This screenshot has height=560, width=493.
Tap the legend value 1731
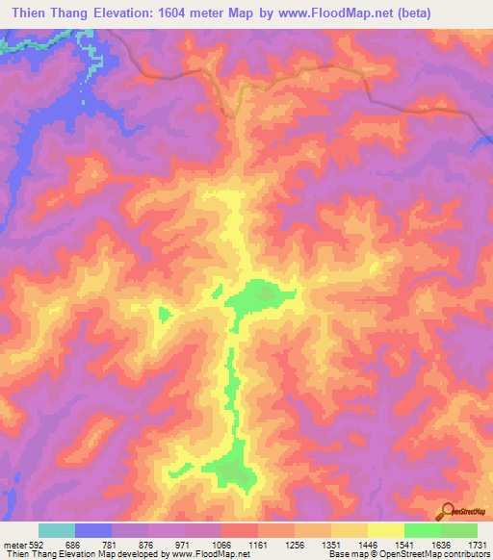click(477, 545)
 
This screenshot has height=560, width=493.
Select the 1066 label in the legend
click(221, 545)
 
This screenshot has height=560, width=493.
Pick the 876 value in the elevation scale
click(147, 545)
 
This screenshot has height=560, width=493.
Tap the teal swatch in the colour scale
click(57, 530)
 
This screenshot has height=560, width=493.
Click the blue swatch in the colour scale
click(93, 530)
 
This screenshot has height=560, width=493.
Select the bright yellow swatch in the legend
click(386, 530)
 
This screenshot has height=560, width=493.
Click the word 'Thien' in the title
click(32, 13)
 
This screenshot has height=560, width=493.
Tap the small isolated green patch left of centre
click(163, 314)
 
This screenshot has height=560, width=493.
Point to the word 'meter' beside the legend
click(14, 545)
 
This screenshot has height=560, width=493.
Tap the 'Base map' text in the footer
click(348, 554)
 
